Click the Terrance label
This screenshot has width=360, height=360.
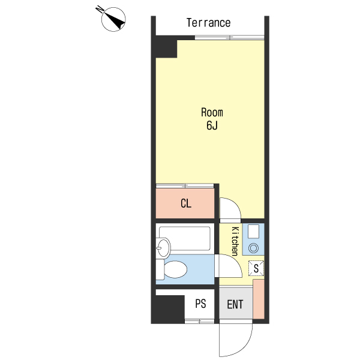(x=208, y=23)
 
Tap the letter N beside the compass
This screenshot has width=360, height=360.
(x=100, y=9)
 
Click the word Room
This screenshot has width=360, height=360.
(x=212, y=112)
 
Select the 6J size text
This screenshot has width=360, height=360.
(x=212, y=125)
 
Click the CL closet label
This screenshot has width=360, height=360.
(x=186, y=203)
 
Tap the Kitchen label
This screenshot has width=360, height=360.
(x=235, y=241)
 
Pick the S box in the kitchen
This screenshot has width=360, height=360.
(x=256, y=268)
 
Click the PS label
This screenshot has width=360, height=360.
(x=200, y=304)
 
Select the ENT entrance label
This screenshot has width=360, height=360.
(x=235, y=304)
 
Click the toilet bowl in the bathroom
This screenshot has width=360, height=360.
(x=175, y=269)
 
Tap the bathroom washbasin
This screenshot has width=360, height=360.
(x=163, y=248)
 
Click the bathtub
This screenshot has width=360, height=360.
(x=185, y=239)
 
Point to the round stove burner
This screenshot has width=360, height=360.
(x=253, y=248)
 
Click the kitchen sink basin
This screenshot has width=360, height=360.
(x=253, y=232)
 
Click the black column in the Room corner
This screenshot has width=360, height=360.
(x=166, y=46)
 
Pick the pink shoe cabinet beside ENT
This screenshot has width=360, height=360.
(x=259, y=299)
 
